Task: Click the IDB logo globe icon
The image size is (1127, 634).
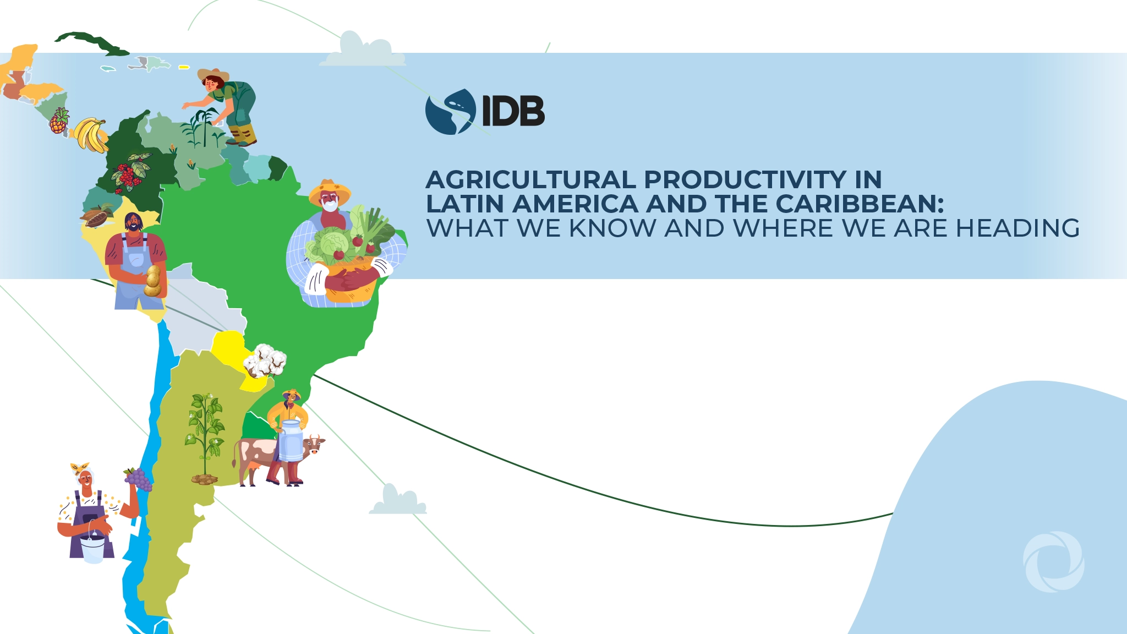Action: point(450,112)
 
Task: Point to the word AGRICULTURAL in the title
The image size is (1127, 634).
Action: point(530,179)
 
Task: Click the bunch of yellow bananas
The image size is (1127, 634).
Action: point(91,135)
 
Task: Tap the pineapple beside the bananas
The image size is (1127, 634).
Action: point(59,122)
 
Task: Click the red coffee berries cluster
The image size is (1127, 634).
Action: point(129,172)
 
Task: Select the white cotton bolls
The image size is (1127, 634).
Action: point(265,360)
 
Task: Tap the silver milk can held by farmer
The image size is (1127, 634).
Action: point(291,440)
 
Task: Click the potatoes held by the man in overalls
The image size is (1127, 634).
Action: point(152,281)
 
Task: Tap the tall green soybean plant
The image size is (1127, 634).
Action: point(205,435)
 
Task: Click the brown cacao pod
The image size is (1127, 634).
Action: point(97,216)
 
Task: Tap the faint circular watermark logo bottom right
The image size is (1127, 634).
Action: point(1053,561)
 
